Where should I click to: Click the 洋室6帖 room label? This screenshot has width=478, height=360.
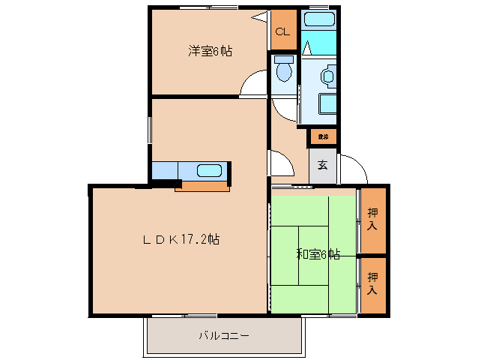coord(210,51)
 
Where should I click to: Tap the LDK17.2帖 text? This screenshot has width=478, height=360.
coord(181,240)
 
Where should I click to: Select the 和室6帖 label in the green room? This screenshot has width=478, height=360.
coord(318,255)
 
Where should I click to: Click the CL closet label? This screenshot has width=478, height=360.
coord(282,31)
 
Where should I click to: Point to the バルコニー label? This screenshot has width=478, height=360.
coord(224,336)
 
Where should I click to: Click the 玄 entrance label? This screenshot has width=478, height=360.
coord(323,165)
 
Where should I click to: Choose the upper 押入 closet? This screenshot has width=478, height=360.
coord(372,220)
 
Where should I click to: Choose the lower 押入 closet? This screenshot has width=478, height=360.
coord(372,283)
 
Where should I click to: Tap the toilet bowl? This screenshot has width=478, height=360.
coord(284,70)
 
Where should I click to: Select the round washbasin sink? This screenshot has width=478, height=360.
coord(327,76)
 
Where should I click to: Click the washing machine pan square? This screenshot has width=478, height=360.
coord(327,103)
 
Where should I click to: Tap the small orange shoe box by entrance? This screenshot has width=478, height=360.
coord(323,136)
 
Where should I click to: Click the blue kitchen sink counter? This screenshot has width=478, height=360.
coord(188,171)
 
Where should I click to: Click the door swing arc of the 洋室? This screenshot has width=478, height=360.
coord(253,84)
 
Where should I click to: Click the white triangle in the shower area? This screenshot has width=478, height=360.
coord(307,47)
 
